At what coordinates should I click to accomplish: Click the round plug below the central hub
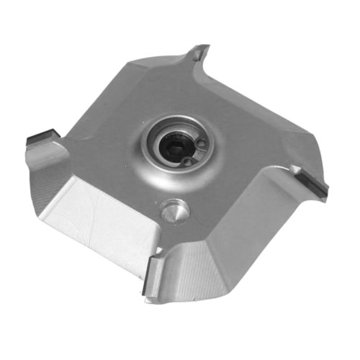point(173,210)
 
